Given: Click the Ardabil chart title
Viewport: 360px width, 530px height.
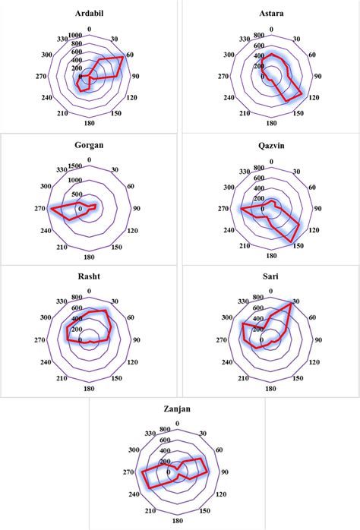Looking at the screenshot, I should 90,14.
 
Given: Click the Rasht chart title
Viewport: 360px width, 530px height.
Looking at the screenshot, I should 90,276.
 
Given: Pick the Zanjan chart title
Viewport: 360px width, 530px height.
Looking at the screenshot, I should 177,409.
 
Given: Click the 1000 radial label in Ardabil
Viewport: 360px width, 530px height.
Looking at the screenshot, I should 75,36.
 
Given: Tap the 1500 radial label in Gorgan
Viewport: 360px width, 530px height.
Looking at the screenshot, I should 75,166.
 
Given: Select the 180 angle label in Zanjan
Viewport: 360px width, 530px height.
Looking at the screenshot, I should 177,522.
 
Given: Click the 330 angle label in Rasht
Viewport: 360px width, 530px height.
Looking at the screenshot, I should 62,300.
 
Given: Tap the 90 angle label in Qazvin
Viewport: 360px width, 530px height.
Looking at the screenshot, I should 317,208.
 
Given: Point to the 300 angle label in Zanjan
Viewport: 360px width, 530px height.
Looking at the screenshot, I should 134,450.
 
